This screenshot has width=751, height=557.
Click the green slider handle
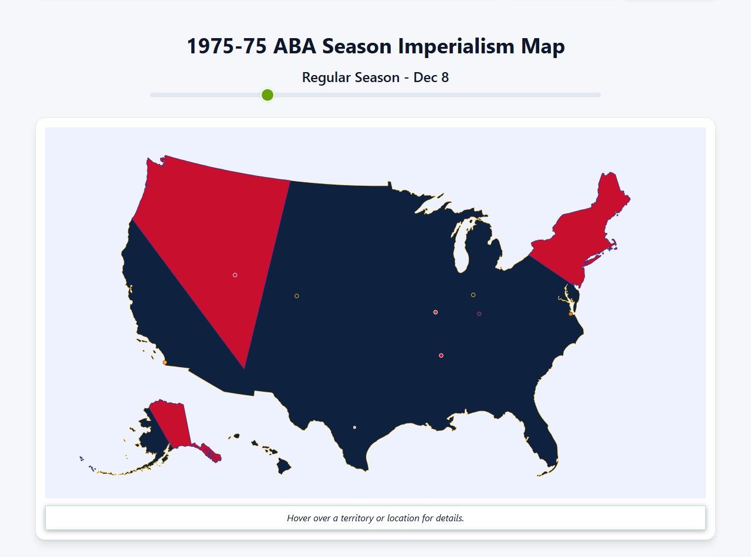[x=268, y=95]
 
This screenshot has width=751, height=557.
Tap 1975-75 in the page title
[x=226, y=46]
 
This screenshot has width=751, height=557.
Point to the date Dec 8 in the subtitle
[x=431, y=77]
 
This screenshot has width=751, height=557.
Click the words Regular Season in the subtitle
[x=350, y=77]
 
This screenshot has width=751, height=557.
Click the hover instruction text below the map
[x=375, y=518]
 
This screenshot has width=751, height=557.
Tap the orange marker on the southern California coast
[x=165, y=362]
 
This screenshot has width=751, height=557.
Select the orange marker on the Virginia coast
[x=570, y=314]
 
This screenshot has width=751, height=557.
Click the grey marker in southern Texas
[x=354, y=427]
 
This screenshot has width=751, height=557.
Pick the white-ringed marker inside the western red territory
[x=235, y=275]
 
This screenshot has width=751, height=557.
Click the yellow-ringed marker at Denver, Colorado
[x=297, y=296]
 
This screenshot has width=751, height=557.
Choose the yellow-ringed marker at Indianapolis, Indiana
[x=473, y=295]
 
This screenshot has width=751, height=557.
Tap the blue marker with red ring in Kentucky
[x=479, y=314]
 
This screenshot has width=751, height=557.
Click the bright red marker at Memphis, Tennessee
[x=441, y=355]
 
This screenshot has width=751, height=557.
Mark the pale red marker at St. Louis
[x=435, y=312]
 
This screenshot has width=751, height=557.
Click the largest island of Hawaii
[x=284, y=467]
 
